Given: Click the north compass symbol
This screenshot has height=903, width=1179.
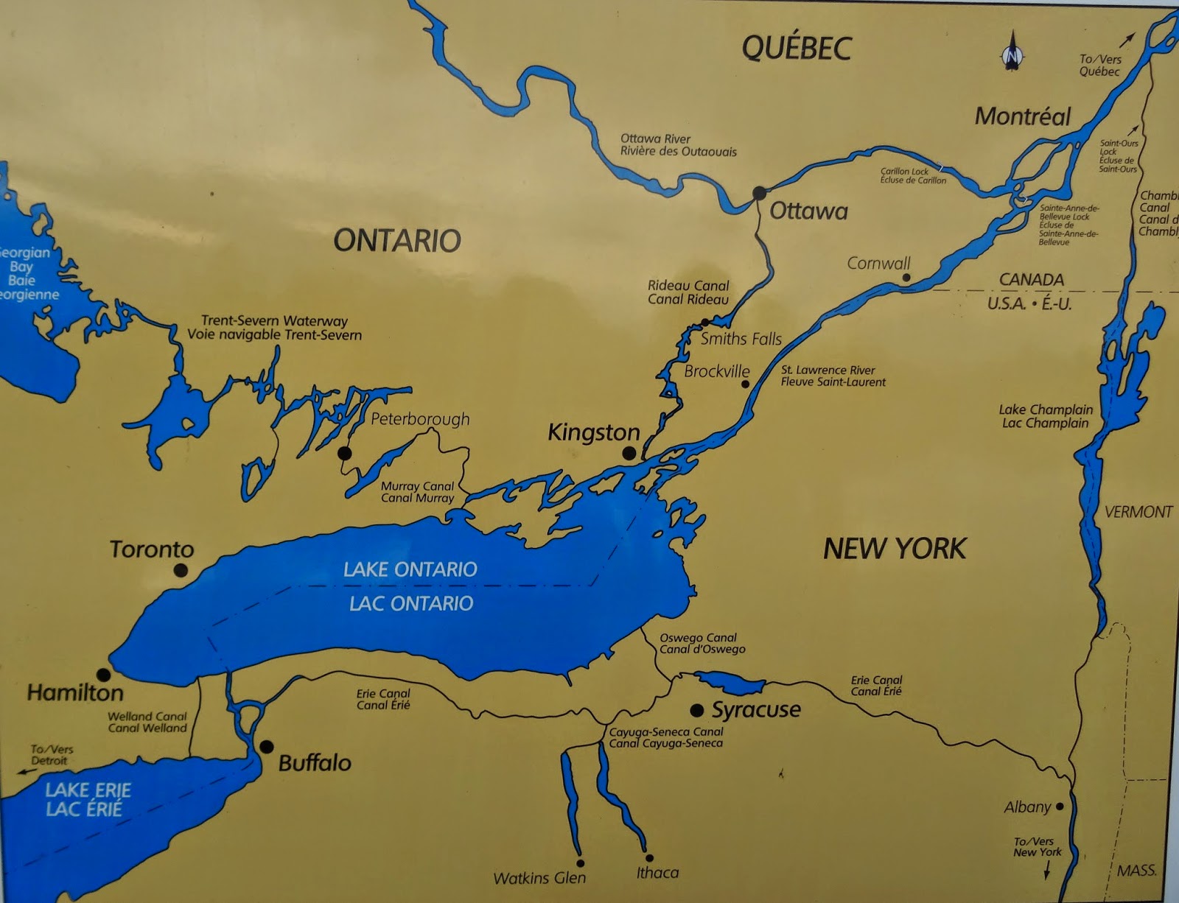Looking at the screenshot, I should tap(1014, 52).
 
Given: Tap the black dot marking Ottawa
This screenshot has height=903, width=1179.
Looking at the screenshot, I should tap(759, 193).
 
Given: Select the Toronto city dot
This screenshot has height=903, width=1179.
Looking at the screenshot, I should tap(181, 570).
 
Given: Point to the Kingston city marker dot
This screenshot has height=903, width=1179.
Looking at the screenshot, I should tap(629, 454).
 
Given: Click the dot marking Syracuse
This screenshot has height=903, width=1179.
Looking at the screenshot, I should tap(696, 710).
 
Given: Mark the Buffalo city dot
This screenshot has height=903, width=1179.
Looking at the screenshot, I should tap(266, 747).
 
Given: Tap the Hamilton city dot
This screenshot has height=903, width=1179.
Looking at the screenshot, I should tap(104, 675).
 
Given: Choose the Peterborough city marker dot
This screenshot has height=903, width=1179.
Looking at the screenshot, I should tap(344, 453).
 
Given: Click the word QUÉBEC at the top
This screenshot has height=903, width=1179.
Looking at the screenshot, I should tap(796, 49).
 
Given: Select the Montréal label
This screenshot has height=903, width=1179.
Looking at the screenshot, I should tap(1023, 116).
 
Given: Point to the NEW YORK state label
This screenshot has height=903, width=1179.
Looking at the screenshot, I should tap(894, 549).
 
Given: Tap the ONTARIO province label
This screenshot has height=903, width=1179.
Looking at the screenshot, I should tap(397, 241).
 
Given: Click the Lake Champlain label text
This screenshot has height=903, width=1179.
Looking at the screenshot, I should tap(1046, 416).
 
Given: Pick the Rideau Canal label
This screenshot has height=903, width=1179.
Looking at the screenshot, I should tap(688, 292).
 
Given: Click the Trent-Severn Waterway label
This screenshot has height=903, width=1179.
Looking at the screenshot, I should tap(274, 328).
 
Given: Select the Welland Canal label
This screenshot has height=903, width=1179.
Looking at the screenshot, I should tap(147, 722).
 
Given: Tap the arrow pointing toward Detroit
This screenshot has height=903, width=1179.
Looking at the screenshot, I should tap(27, 772).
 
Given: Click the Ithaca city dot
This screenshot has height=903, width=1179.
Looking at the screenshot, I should tap(649, 858).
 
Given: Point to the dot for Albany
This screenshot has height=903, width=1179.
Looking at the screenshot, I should tap(1060, 807).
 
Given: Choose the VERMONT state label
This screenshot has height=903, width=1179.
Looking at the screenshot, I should tap(1138, 512).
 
